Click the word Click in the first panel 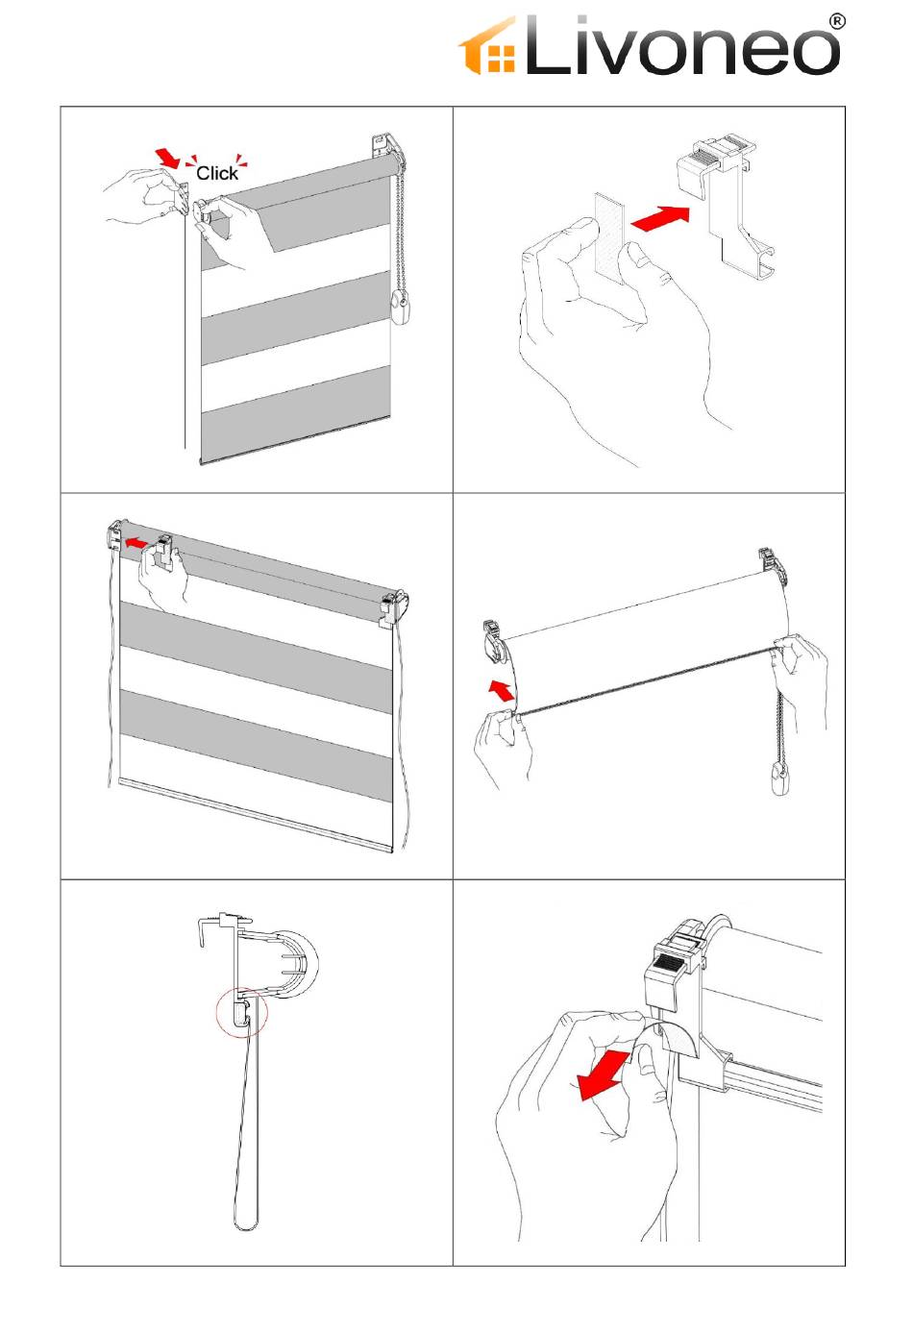[216, 173]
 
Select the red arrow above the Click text [167, 159]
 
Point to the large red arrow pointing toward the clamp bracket [659, 218]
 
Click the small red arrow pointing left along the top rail [136, 542]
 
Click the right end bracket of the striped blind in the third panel [393, 607]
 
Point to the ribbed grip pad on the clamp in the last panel [667, 962]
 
